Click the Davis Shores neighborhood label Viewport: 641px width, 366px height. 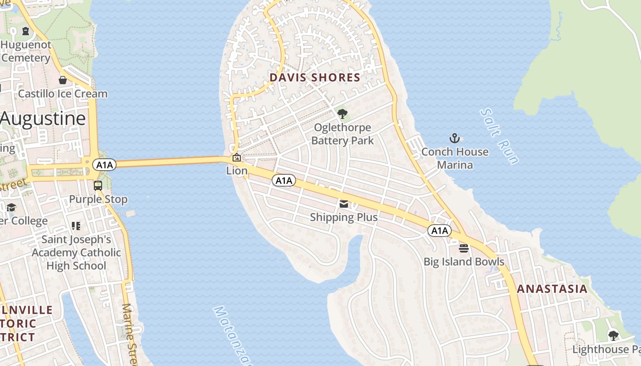315,77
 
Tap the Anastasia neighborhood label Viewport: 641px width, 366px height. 552,289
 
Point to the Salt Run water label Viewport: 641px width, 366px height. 500,136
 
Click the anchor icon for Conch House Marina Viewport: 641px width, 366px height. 454,138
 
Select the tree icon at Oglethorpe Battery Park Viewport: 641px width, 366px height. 342,114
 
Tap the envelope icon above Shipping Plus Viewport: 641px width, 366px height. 344,204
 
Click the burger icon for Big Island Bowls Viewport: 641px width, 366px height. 464,248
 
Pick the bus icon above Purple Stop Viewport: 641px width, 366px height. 98,186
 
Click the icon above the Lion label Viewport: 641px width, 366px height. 237,158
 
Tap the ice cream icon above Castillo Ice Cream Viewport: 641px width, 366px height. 63,80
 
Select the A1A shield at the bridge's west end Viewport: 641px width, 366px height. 104,165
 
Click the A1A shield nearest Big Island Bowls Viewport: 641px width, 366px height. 440,231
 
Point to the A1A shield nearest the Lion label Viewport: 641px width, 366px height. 284,181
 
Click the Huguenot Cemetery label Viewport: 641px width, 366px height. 26,52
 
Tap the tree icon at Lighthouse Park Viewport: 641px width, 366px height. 613,336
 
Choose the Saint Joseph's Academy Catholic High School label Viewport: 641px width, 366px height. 76,253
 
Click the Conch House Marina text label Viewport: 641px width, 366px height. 455,158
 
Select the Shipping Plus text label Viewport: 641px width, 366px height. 344,217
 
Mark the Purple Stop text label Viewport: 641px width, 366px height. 98,199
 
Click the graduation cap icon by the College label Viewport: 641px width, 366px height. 11,208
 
